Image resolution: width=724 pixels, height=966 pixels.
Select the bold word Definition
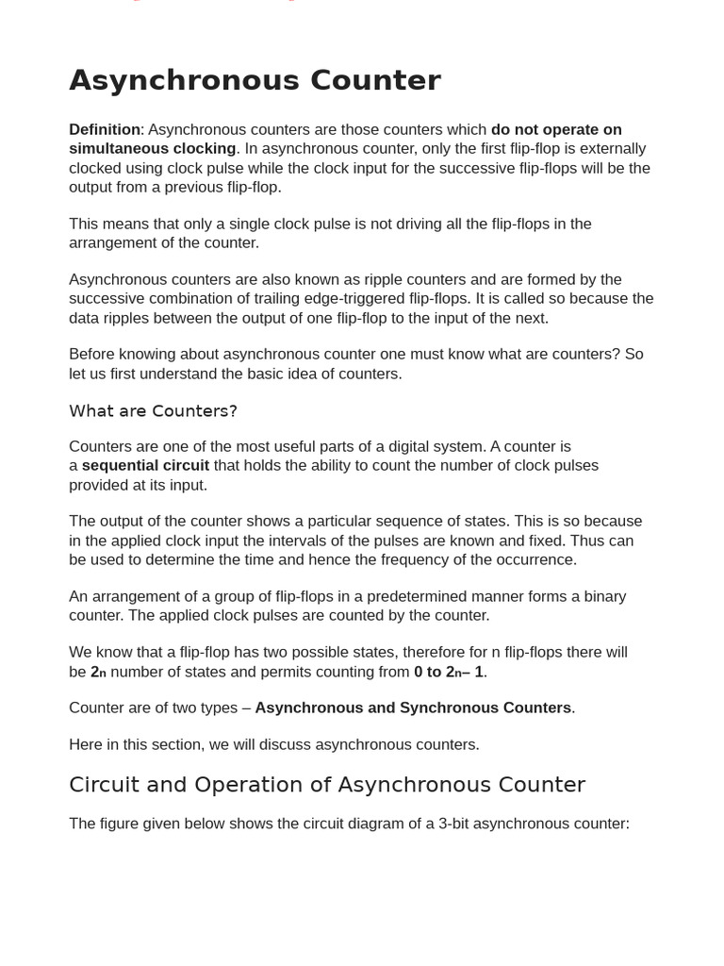[x=104, y=129]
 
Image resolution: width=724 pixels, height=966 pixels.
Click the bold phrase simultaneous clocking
[x=152, y=148]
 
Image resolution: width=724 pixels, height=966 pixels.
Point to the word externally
[x=605, y=148]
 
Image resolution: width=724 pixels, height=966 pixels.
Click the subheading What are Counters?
[x=153, y=411]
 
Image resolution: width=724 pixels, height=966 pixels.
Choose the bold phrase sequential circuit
[x=145, y=465]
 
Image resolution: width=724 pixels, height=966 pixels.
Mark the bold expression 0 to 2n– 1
[x=450, y=672]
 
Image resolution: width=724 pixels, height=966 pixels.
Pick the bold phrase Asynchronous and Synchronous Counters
[x=413, y=708]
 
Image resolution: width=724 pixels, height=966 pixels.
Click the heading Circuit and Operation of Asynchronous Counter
[x=327, y=785]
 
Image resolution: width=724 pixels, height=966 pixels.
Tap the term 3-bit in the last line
[x=453, y=824]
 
